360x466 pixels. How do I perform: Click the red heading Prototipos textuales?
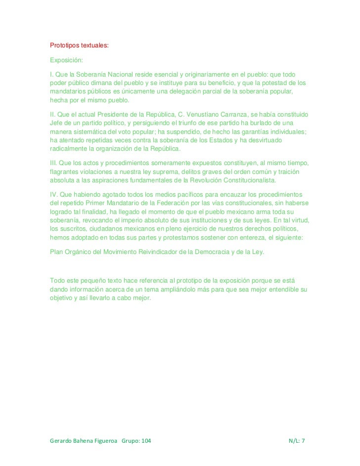(x=79, y=46)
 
